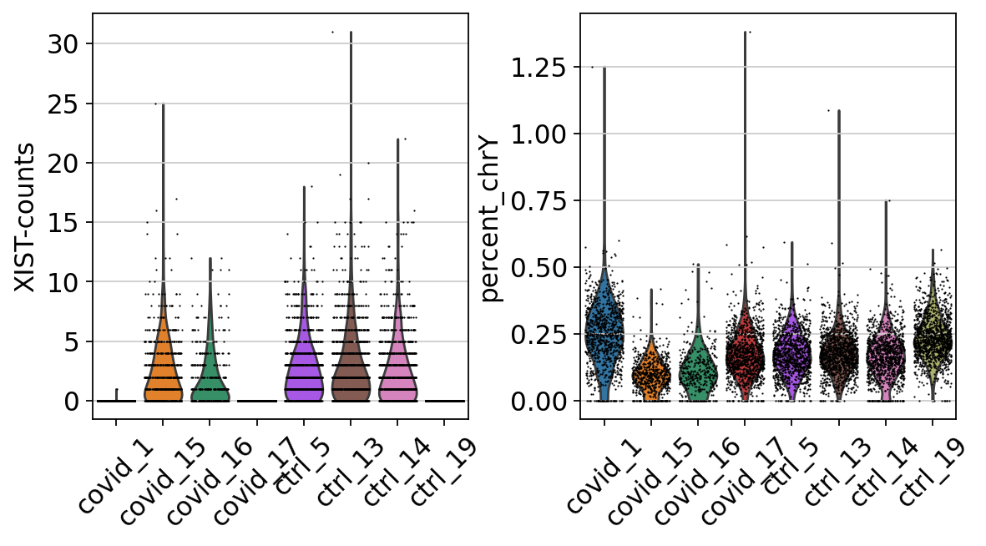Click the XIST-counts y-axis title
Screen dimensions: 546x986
pos(27,217)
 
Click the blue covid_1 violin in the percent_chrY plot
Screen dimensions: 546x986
pos(604,326)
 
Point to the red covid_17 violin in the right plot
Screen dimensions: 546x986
pos(744,351)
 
